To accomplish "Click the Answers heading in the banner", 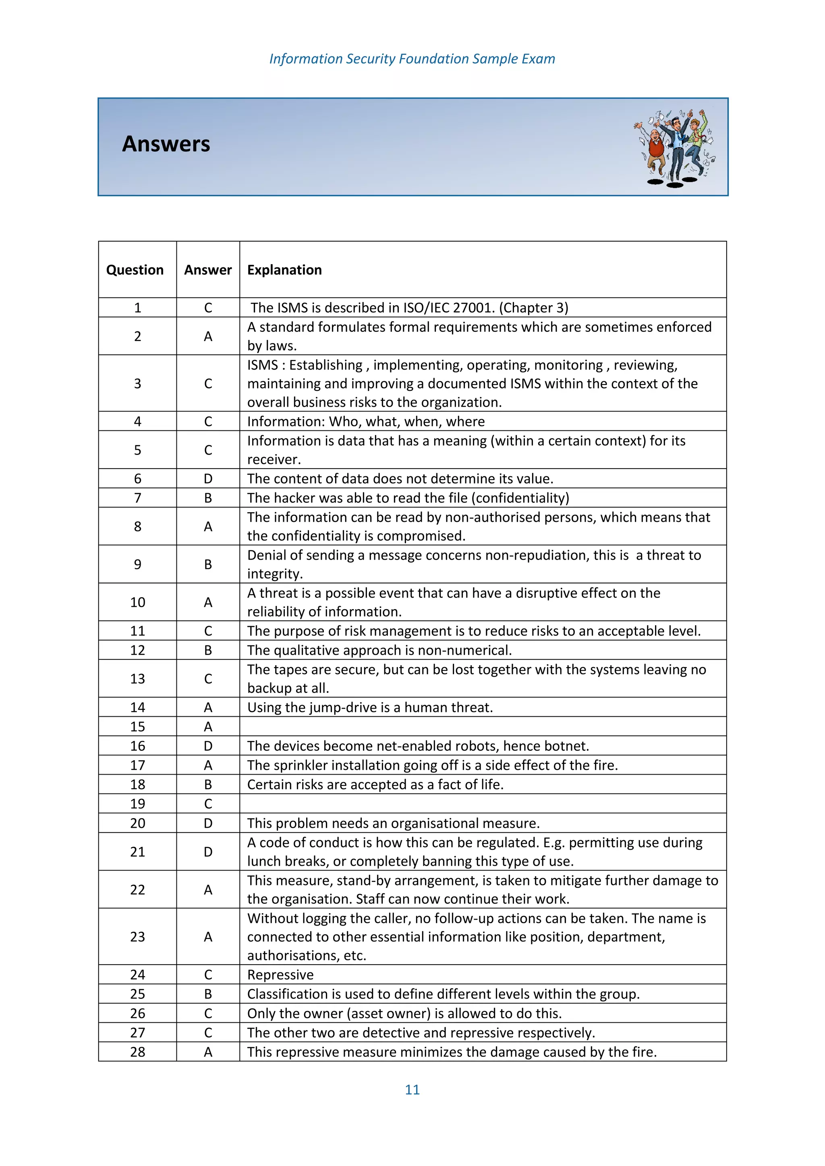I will (x=166, y=144).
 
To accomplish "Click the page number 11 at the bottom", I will (x=412, y=1090).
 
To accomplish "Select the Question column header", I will (x=135, y=270).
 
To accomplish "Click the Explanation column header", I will (x=284, y=270).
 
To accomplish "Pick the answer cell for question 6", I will (x=208, y=478).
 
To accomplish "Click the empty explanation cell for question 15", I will (x=483, y=726).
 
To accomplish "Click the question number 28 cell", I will (x=138, y=1052).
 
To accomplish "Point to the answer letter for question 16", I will (x=208, y=746).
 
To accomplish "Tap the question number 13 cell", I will (x=138, y=678).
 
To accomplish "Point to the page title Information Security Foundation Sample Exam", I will (x=412, y=59).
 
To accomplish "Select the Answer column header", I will (x=208, y=270).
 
